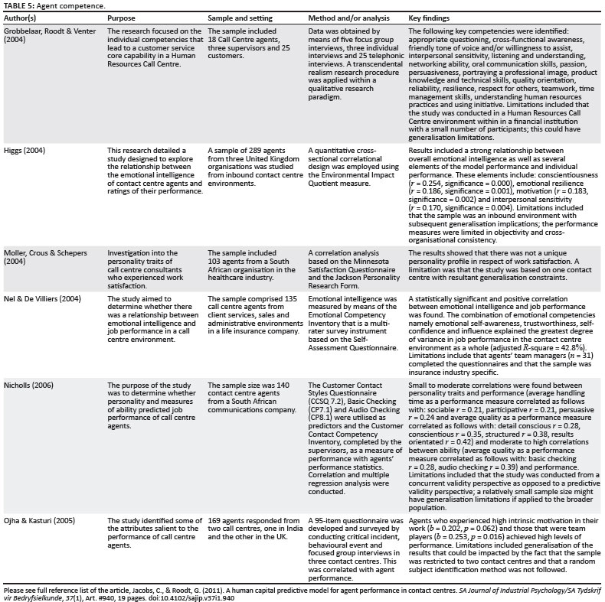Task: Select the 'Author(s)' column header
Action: [25, 17]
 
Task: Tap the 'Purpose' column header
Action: [122, 17]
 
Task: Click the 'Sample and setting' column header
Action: [240, 17]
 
